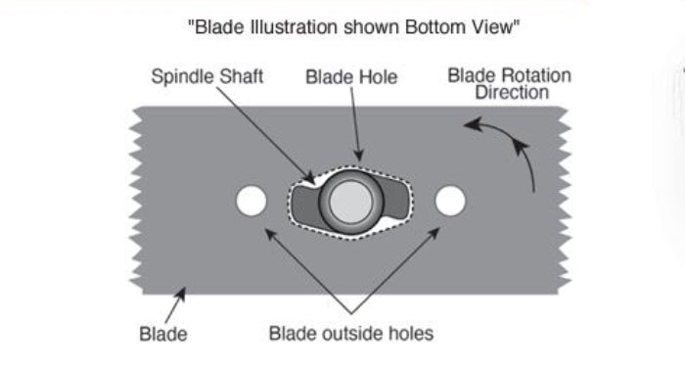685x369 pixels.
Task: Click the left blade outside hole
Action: click(x=251, y=202)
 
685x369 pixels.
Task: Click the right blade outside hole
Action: click(x=450, y=201)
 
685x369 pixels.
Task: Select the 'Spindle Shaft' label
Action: click(x=207, y=76)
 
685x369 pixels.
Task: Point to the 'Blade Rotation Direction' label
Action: click(x=509, y=84)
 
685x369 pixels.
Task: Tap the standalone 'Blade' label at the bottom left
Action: click(x=162, y=334)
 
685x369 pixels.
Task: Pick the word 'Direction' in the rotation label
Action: click(x=510, y=93)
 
